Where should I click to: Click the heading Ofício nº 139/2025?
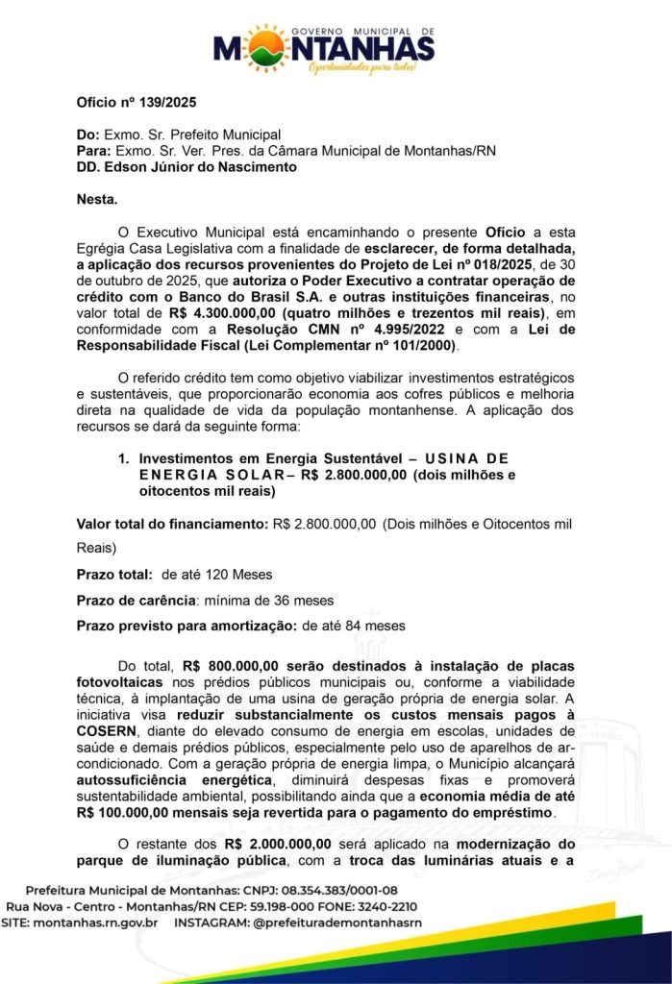(x=136, y=103)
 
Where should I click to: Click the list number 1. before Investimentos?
(x=122, y=458)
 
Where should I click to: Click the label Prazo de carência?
(x=135, y=600)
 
